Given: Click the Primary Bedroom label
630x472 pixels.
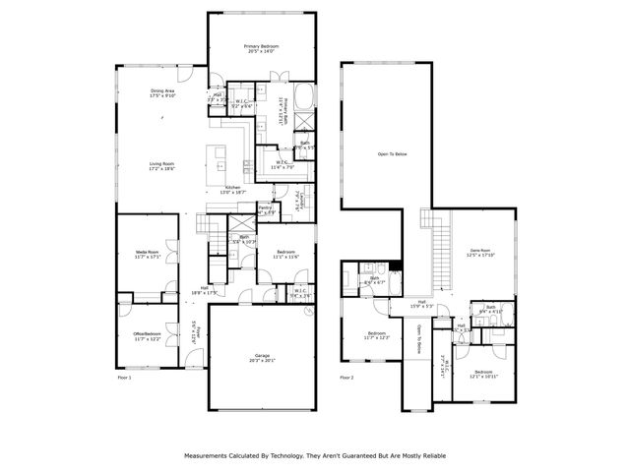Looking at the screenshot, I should [262, 46].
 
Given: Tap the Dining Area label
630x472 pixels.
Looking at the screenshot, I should [161, 91].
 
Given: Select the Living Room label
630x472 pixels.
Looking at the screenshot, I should [161, 164].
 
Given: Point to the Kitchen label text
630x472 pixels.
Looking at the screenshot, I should [233, 187].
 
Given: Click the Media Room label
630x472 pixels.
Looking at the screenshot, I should [148, 253].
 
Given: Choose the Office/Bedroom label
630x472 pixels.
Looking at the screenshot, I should [147, 334].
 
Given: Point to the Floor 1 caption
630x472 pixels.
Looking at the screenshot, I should [124, 377].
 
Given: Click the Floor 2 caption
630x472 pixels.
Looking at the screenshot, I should [347, 377].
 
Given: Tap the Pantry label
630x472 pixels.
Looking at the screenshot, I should [265, 207].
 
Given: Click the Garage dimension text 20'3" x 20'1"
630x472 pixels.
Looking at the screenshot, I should [262, 360].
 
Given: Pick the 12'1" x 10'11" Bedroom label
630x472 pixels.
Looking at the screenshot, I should [483, 373].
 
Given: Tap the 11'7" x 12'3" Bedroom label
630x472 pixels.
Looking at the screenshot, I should [378, 334].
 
